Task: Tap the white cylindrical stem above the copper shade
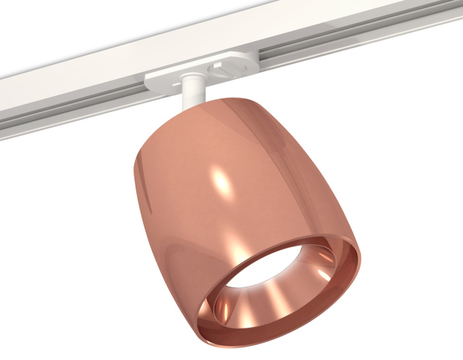[x=192, y=90]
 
